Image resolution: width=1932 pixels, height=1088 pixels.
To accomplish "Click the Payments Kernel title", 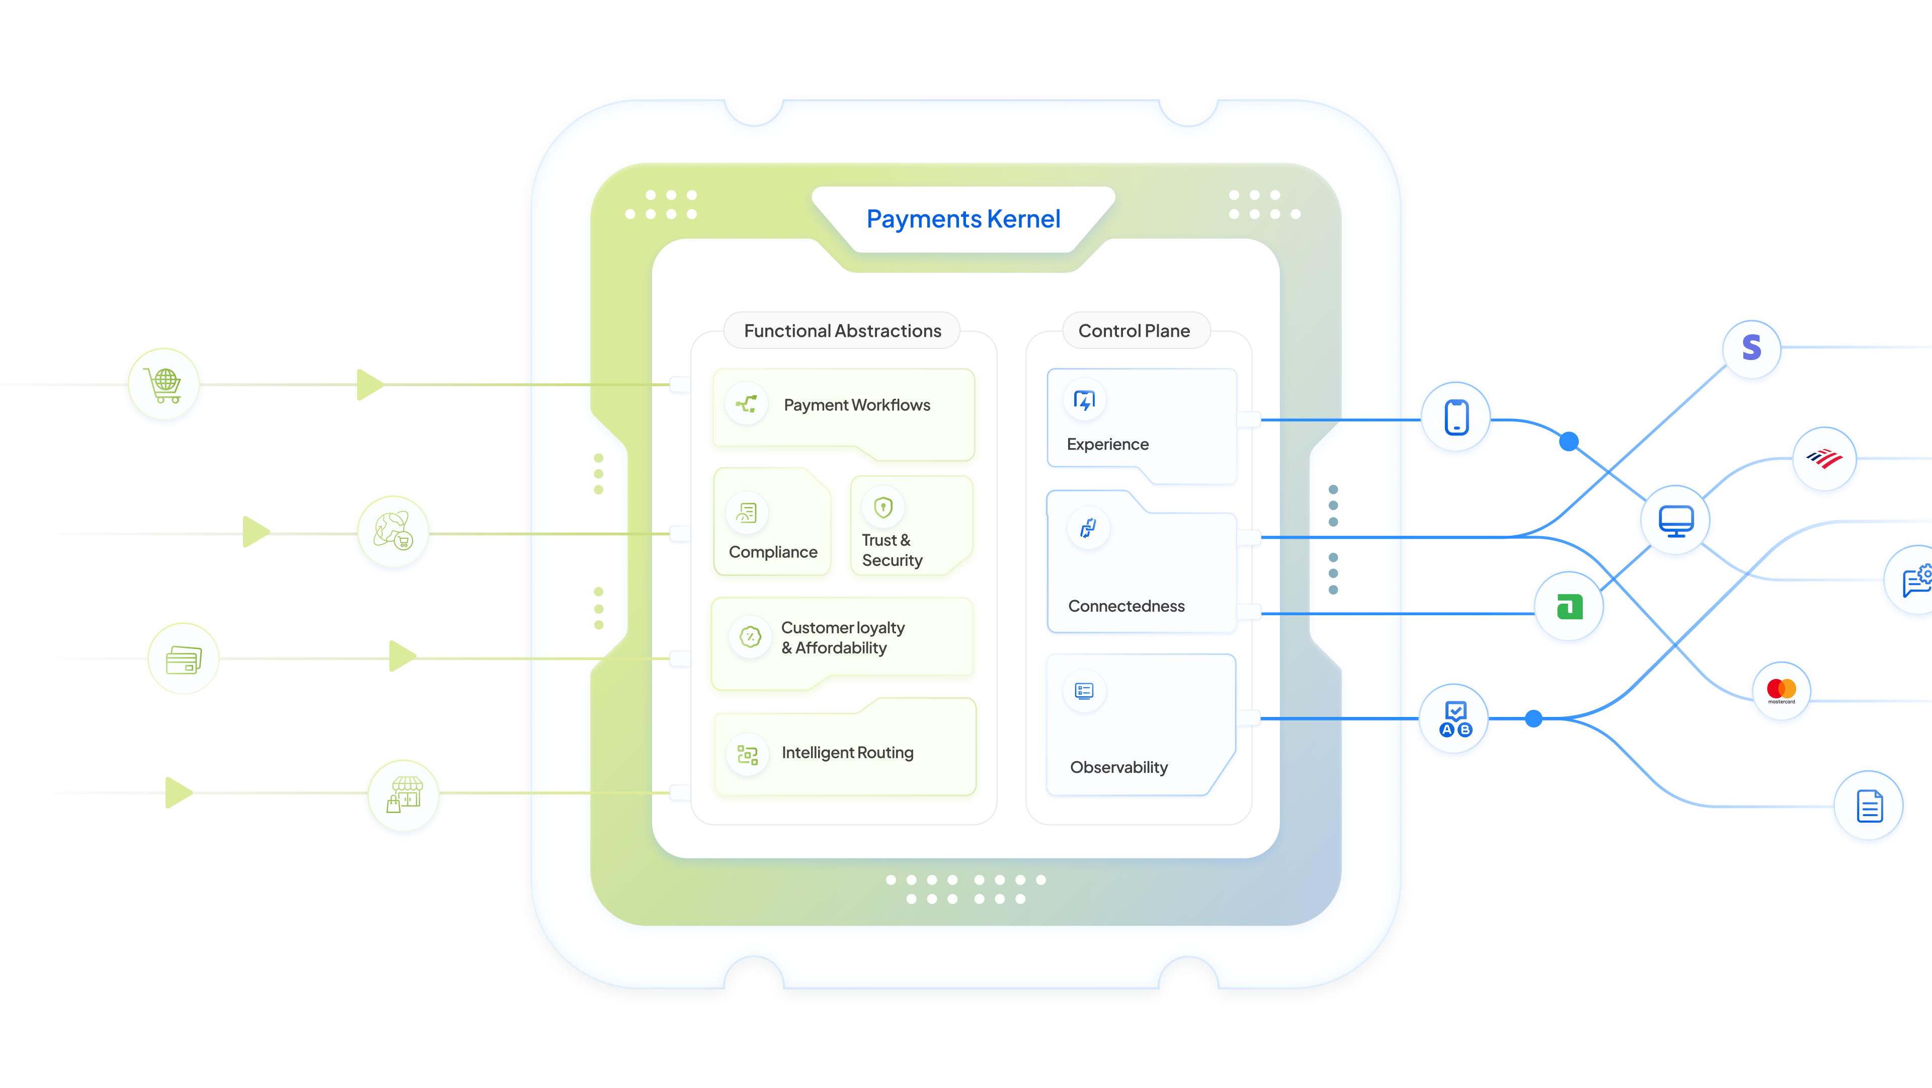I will click(963, 219).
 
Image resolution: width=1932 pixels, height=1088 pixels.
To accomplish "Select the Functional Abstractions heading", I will click(842, 331).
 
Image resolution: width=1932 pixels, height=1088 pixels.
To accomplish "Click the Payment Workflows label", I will click(856, 405).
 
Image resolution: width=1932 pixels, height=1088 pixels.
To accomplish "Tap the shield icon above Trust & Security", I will click(883, 508).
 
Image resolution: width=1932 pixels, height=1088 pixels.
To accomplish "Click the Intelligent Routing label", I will click(847, 753).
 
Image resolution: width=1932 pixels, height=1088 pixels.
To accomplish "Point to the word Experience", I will click(1107, 444).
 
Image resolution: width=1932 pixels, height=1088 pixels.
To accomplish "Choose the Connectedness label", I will click(1126, 606).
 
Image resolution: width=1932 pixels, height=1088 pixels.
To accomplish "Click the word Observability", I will click(1118, 767).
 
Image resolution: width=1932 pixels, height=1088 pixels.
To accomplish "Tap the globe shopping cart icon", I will click(164, 384).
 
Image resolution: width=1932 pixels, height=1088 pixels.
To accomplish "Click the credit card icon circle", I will click(184, 659).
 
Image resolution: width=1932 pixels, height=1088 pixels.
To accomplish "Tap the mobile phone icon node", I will click(1456, 417).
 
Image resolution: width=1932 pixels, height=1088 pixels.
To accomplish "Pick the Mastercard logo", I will click(1781, 690).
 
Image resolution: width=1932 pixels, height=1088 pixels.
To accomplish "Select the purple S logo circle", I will click(1751, 348).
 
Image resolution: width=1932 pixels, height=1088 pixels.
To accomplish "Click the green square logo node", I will click(1569, 606).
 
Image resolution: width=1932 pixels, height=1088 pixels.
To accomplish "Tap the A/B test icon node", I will click(1454, 719).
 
